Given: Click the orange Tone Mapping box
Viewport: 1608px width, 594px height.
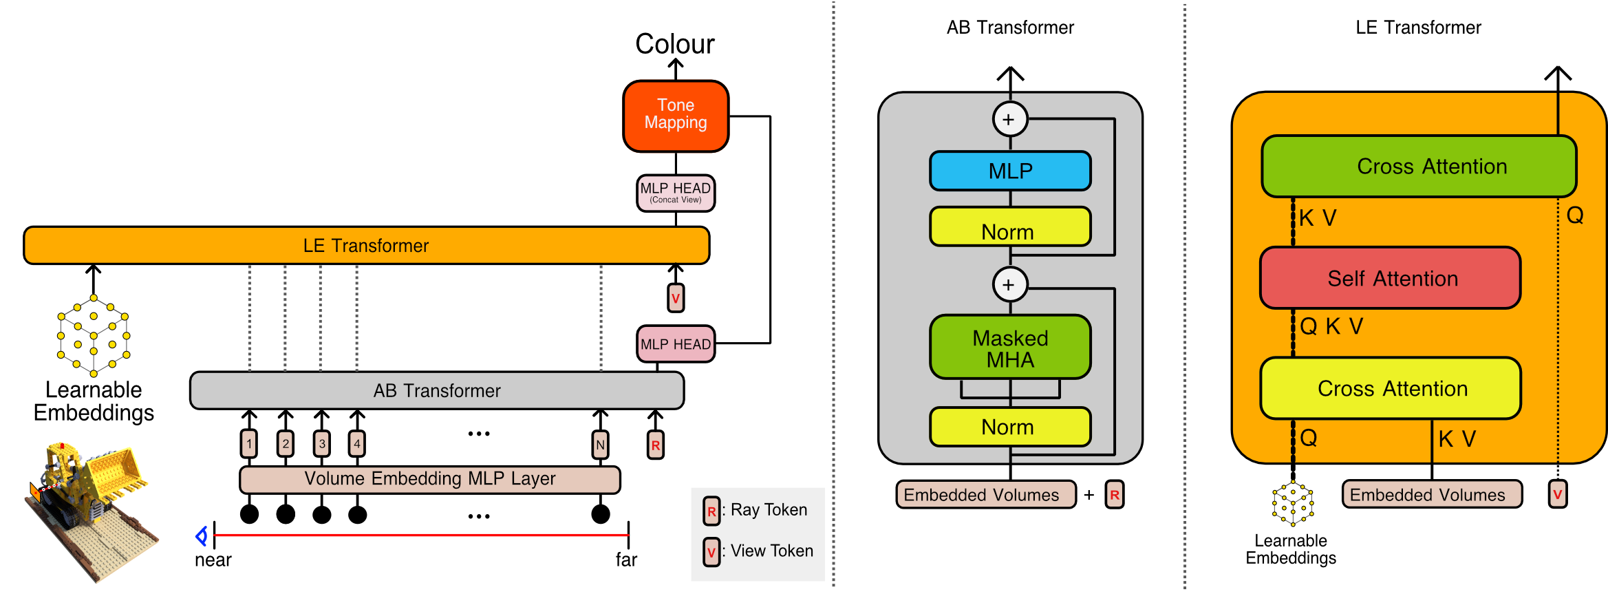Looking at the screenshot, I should (675, 116).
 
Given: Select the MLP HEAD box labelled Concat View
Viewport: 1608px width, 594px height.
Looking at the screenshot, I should (675, 193).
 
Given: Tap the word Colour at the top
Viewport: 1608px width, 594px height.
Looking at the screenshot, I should (674, 44).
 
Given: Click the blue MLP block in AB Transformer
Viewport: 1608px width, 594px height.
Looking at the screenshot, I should (1009, 171).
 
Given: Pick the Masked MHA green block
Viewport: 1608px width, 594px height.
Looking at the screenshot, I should (1009, 348).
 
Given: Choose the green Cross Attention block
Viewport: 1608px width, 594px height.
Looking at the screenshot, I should (1418, 167).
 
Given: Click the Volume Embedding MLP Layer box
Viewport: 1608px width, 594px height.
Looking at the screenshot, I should (429, 479).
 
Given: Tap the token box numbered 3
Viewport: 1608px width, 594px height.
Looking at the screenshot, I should (321, 444).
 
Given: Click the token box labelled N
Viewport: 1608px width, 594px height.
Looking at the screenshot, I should (600, 445).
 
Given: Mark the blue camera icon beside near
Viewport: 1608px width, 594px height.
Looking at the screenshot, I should (202, 535).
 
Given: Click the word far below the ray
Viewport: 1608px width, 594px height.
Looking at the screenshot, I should (626, 560).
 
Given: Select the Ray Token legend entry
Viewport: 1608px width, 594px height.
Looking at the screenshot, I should (755, 510).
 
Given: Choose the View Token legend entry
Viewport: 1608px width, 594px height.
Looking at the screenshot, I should (757, 551).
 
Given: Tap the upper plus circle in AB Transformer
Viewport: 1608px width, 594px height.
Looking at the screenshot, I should (1009, 119).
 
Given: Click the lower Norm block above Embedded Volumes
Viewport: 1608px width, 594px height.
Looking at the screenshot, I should (1009, 427).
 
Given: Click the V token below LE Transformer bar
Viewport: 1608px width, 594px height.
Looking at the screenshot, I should (675, 298).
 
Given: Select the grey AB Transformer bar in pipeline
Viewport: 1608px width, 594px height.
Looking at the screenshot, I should (436, 391).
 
